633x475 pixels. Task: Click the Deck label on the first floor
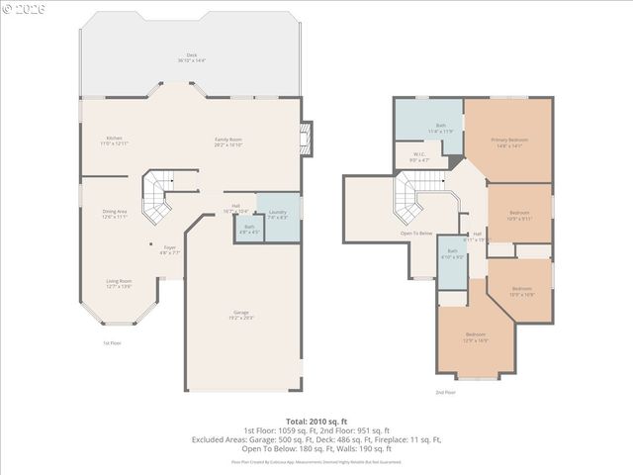pyautogui.click(x=191, y=57)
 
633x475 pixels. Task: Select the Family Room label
pyautogui.click(x=228, y=142)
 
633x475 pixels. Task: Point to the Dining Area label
pyautogui.click(x=115, y=213)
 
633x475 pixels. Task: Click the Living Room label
pyautogui.click(x=119, y=284)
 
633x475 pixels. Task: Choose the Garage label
pyautogui.click(x=241, y=316)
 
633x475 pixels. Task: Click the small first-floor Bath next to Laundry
pyautogui.click(x=248, y=231)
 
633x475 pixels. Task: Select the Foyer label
pyautogui.click(x=170, y=250)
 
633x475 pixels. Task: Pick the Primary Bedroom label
pyautogui.click(x=509, y=142)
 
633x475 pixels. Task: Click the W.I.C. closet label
pyautogui.click(x=420, y=156)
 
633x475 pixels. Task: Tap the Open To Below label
pyautogui.click(x=416, y=234)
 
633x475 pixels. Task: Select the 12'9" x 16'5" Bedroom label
pyautogui.click(x=476, y=337)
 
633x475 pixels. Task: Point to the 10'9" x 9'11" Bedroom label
pyautogui.click(x=520, y=215)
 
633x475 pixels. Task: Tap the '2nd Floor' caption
pyautogui.click(x=445, y=392)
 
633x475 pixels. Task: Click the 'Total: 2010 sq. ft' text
pyautogui.click(x=316, y=422)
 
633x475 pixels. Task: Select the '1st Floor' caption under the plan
pyautogui.click(x=112, y=343)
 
